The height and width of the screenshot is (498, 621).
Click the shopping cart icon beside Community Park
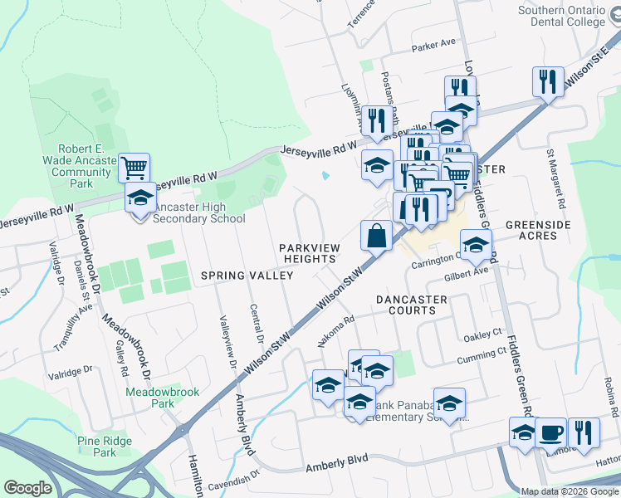(x=134, y=168)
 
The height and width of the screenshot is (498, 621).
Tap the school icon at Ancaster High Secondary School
(x=140, y=198)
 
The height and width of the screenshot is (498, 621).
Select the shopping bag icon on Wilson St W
(x=376, y=235)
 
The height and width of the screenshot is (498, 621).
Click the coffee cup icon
(x=550, y=432)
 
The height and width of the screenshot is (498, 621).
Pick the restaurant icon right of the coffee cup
(x=584, y=432)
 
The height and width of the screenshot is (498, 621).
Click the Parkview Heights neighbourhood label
(x=307, y=253)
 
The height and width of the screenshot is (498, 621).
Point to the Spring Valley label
(x=237, y=275)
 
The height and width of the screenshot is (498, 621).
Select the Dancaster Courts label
(x=405, y=305)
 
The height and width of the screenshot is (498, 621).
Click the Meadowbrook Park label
(x=150, y=397)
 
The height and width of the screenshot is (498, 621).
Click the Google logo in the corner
(x=27, y=488)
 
